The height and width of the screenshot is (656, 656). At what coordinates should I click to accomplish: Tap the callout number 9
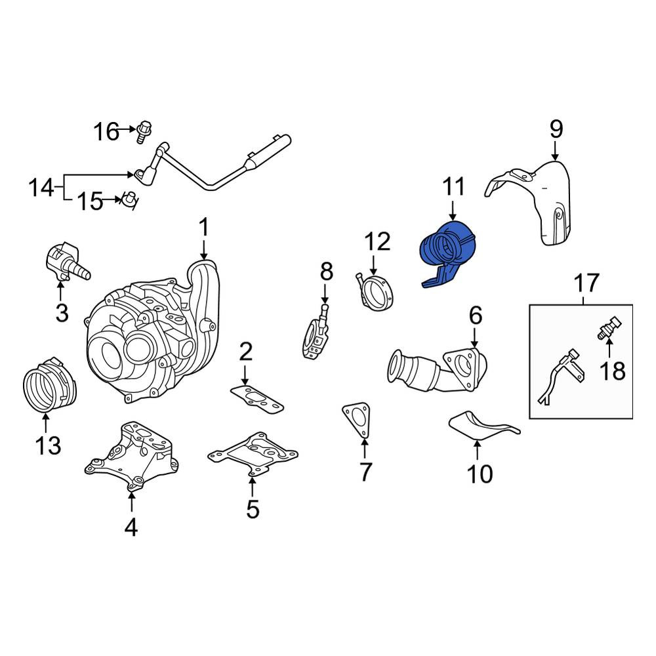[x=556, y=129]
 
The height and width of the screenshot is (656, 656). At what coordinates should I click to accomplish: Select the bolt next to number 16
[x=144, y=132]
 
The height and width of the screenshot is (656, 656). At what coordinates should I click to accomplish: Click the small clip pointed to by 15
[x=130, y=200]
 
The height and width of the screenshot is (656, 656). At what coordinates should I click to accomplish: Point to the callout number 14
[x=41, y=188]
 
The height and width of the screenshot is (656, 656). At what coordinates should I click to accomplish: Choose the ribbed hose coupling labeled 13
[x=50, y=384]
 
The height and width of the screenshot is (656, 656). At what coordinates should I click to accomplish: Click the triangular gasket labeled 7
[x=356, y=420]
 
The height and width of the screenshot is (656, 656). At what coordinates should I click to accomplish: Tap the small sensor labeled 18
[x=609, y=327]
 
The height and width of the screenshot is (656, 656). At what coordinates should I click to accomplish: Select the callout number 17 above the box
[x=586, y=283]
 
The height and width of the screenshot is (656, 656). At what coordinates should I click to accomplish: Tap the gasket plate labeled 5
[x=253, y=455]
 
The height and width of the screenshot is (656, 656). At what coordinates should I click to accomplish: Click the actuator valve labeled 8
[x=316, y=333]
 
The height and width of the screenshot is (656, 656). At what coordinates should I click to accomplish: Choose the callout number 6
[x=475, y=316]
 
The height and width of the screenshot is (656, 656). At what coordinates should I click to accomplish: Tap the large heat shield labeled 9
[x=531, y=201]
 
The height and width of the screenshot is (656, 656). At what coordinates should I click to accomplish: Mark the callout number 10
[x=480, y=474]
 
